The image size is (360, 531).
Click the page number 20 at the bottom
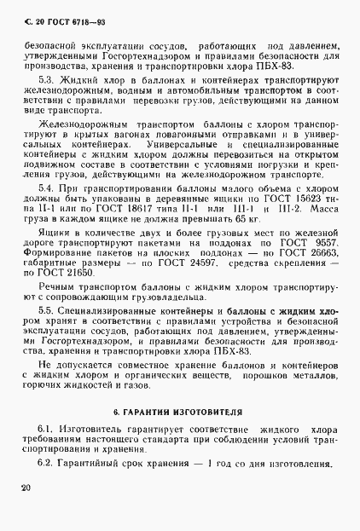(22, 488)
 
